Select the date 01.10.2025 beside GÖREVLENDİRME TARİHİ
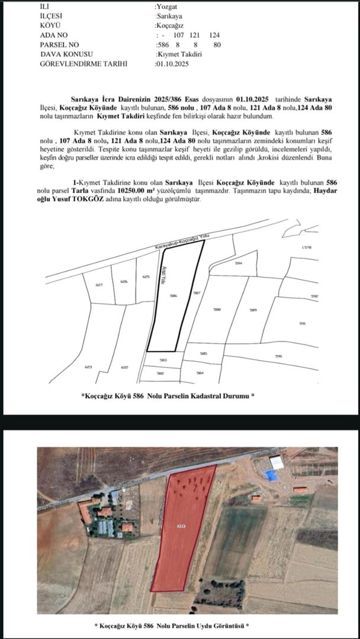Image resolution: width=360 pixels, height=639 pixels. pyautogui.click(x=172, y=63)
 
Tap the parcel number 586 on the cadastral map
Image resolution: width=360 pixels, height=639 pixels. pyautogui.click(x=173, y=295)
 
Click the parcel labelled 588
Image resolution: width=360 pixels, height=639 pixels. pyautogui.click(x=217, y=309)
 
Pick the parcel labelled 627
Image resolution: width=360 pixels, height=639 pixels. pyautogui.click(x=99, y=285)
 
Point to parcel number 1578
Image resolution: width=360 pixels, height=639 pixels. pyautogui.click(x=306, y=247)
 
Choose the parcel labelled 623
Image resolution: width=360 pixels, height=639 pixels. pyautogui.click(x=89, y=367)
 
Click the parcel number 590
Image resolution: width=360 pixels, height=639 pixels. pyautogui.click(x=278, y=356)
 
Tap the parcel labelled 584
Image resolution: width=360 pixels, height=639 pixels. pyautogui.click(x=200, y=373)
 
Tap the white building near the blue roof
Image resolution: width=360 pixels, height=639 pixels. pyautogui.click(x=277, y=463)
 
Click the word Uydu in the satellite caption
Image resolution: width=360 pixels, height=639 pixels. pyautogui.click(x=199, y=625)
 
